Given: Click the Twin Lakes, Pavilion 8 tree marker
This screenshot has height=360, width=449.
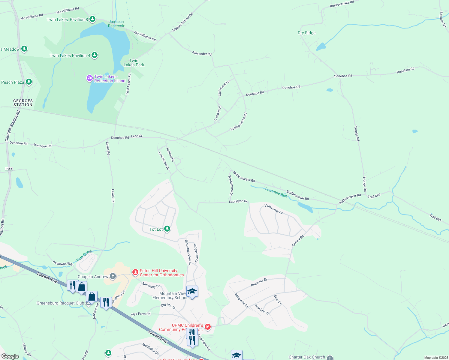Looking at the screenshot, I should coord(92,19).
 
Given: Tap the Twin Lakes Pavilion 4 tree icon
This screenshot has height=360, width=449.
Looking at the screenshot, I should coord(95,55).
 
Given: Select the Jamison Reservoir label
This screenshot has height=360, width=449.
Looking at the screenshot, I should coord(116,24).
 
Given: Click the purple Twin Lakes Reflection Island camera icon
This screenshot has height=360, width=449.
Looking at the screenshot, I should coord(89,78).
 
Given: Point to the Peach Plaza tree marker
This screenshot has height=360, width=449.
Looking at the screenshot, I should coord(29,82).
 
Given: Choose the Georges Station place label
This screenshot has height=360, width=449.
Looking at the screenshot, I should coord(23,103).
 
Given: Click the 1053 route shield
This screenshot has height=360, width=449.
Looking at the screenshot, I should coord(9,169).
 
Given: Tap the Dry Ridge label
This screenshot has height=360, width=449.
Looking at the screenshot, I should coord(306,33).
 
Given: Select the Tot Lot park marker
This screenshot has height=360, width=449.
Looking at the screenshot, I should coord(167,229).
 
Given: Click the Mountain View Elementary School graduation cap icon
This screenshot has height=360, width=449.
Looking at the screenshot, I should coord(192,291).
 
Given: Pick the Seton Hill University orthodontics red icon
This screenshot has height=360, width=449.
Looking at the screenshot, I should coord(135,272).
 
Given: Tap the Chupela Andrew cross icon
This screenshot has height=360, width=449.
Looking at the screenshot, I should coord(113,276).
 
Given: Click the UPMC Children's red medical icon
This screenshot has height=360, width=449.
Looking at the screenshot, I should coord(207,327).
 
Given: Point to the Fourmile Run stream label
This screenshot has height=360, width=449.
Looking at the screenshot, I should coord(276,192).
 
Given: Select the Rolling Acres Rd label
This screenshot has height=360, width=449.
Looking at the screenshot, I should coord(239,122).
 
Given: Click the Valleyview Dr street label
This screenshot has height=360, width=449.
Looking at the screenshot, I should coord(273,209).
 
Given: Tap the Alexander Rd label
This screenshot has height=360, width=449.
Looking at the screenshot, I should coord(202,54).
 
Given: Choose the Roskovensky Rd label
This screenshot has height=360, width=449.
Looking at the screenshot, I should coord(342,4).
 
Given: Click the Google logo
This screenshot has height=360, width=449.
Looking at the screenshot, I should coord(10,356).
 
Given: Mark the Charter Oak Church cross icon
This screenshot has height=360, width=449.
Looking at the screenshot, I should coord(330,358).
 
